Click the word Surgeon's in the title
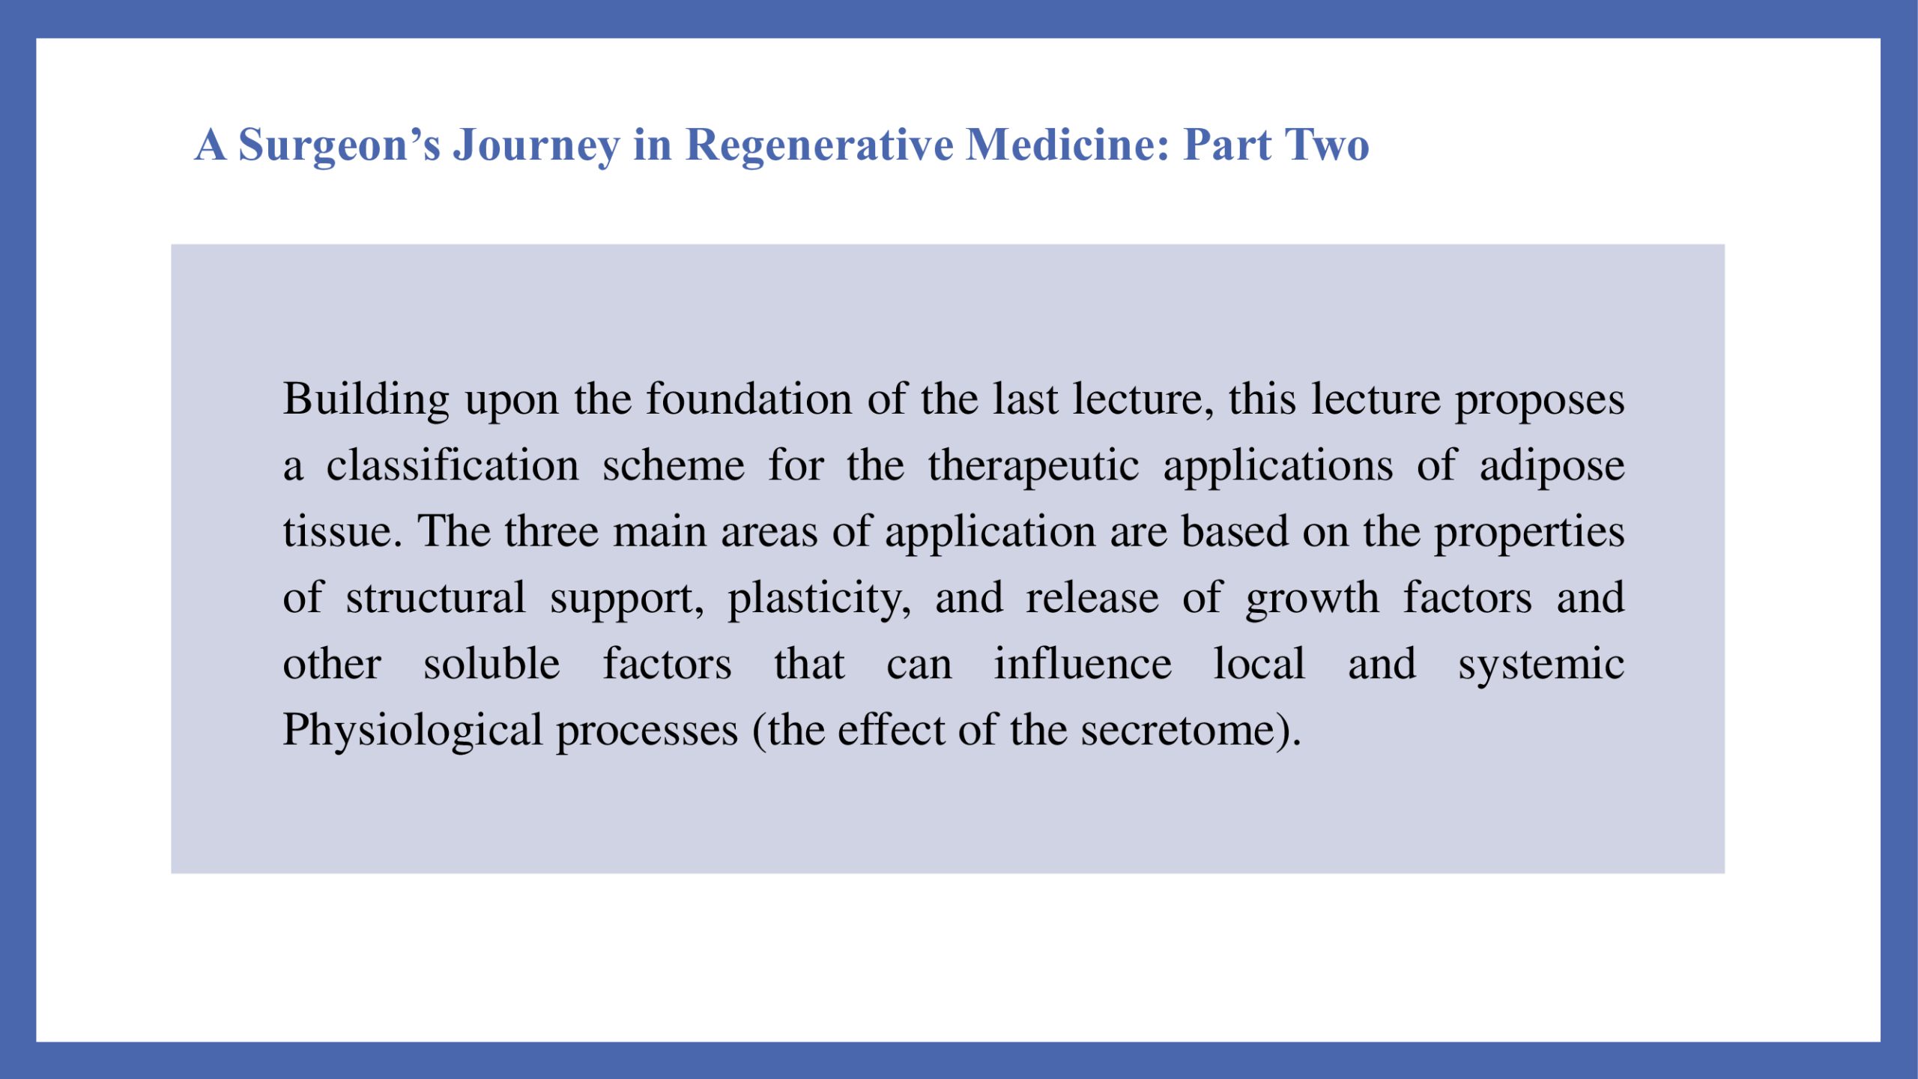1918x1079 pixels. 339,145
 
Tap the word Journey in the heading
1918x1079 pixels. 536,145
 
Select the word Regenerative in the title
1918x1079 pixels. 820,145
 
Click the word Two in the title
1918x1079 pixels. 1327,144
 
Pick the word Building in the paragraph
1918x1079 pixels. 366,399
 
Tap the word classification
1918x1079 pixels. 453,465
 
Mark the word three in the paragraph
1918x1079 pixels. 551,531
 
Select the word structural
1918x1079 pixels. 435,598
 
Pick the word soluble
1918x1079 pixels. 491,664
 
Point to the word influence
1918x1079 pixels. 1083,664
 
